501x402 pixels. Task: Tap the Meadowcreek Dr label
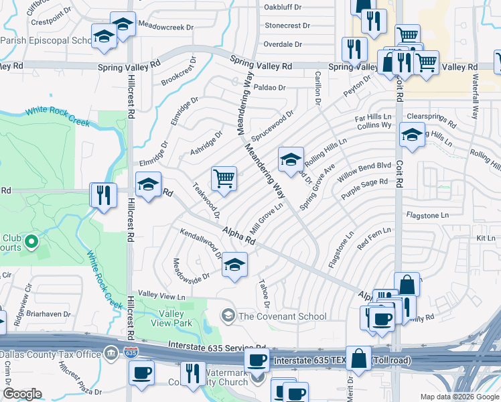(x=165, y=27)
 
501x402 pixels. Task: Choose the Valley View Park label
(x=172, y=318)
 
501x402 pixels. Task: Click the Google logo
(x=22, y=394)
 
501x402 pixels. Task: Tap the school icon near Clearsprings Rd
(x=412, y=135)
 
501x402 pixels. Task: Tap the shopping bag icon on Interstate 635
(x=359, y=358)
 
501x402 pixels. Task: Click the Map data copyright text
(x=459, y=397)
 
